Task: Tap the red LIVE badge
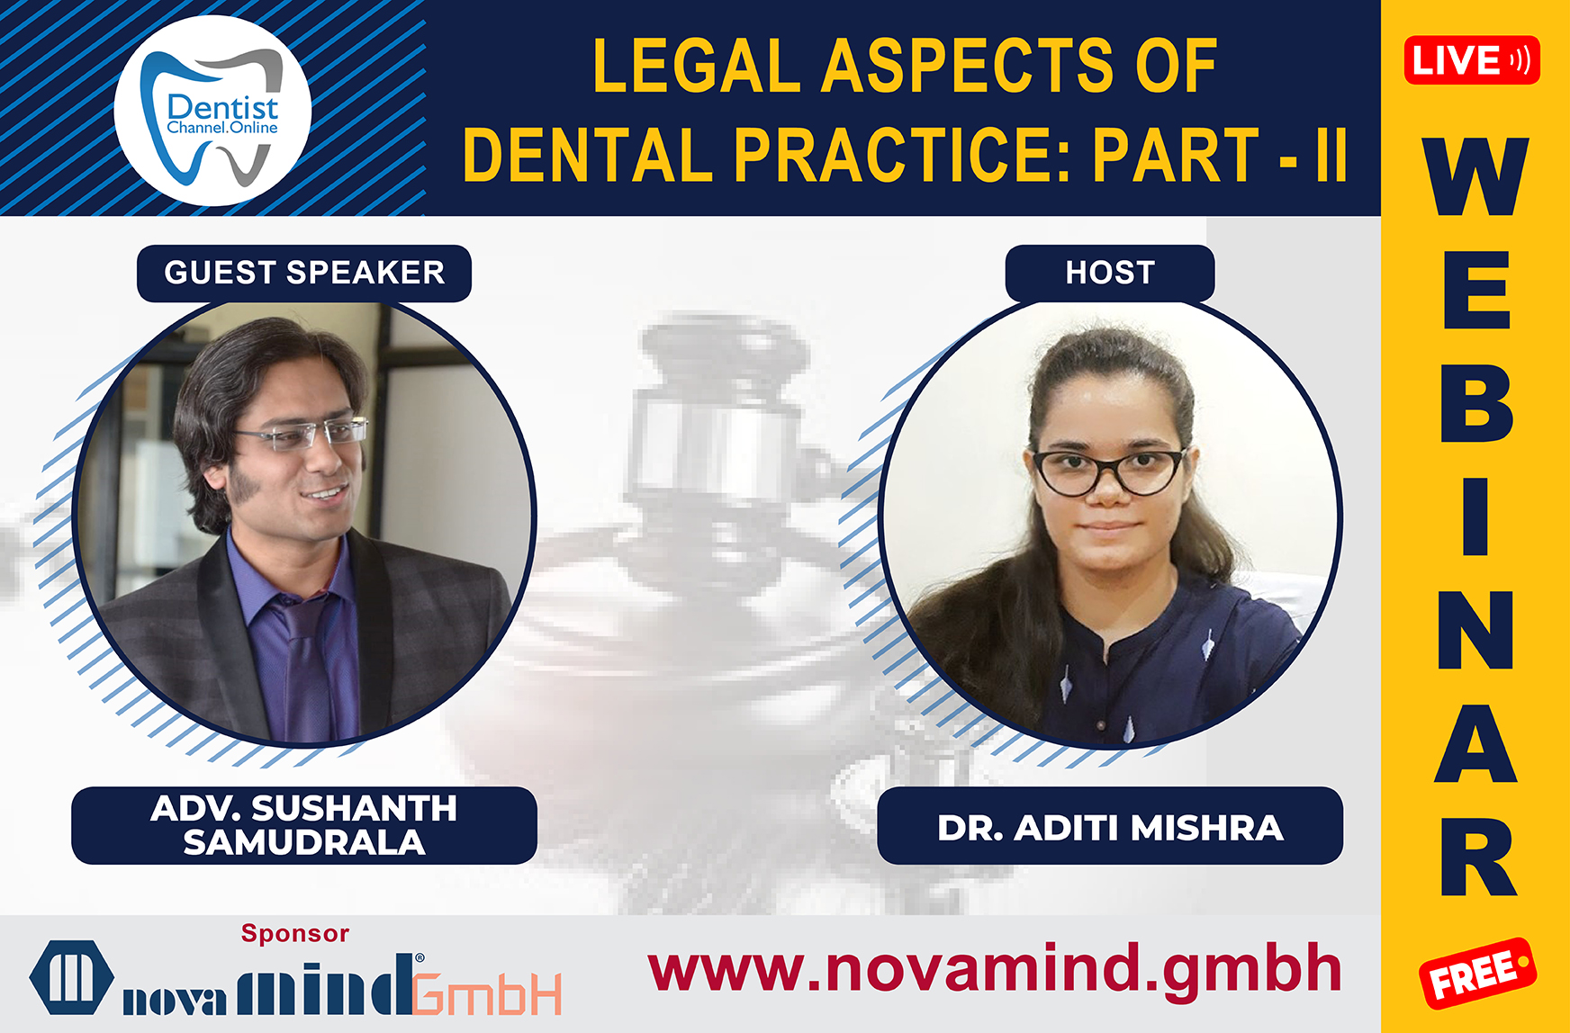[x=1471, y=60]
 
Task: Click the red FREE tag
[x=1477, y=974]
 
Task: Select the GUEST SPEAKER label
[x=304, y=273]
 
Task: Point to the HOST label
[x=1109, y=273]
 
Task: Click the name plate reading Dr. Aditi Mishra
[x=1109, y=826]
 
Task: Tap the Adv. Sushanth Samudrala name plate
[x=304, y=825]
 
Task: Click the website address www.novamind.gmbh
[x=994, y=970]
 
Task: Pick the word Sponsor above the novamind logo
[x=294, y=933]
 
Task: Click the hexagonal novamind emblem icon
[x=71, y=977]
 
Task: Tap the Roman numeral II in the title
[x=1331, y=154]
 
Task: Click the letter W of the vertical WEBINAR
[x=1475, y=177]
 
